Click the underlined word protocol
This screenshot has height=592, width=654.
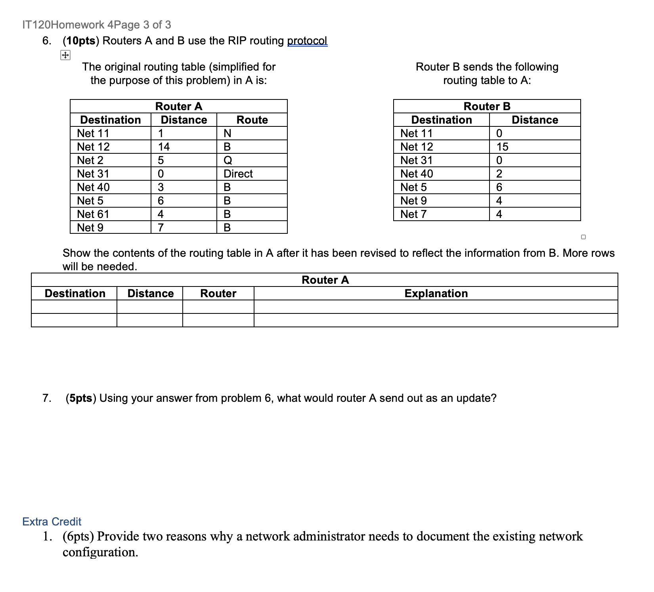307,41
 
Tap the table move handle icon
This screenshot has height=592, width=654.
65,55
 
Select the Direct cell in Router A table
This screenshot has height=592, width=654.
238,174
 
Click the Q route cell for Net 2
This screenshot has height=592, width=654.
228,160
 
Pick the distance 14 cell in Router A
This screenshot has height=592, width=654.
164,147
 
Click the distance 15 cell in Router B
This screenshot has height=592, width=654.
502,147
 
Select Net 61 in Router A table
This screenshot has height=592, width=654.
93,214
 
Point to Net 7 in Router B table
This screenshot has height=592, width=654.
413,214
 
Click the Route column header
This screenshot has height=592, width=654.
252,120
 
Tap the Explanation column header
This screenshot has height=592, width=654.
436,293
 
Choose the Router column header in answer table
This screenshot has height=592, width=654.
218,293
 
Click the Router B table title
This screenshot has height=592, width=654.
487,106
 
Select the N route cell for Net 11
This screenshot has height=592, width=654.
228,133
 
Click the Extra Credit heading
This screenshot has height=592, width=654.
52,521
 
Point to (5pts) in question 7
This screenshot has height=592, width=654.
81,398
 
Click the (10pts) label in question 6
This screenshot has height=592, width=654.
81,41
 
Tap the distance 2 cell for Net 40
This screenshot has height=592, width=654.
499,174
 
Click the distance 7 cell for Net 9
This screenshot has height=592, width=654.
161,227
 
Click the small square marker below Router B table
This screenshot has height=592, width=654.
583,237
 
